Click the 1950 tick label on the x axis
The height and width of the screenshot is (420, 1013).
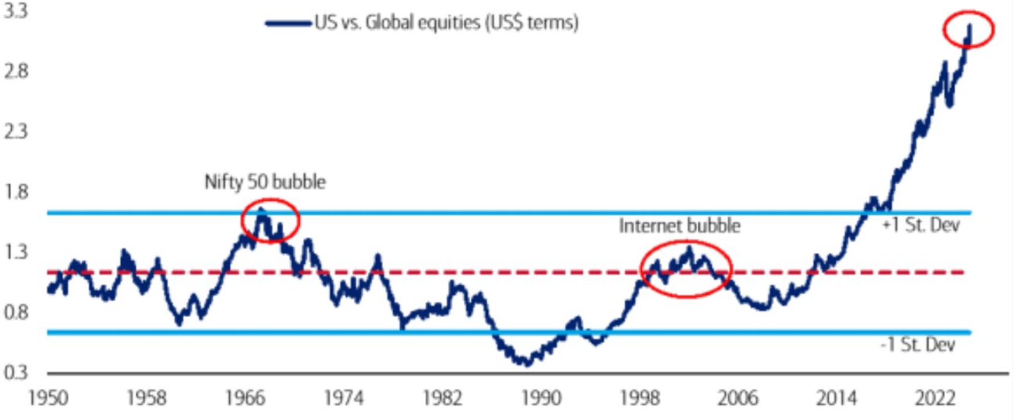(48, 399)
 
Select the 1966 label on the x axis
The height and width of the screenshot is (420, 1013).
(245, 399)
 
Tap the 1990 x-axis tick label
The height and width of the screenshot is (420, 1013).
(541, 399)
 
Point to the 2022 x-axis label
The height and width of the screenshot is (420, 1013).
(935, 399)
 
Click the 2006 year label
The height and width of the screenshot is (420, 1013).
(738, 399)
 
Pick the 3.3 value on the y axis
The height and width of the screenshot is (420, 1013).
(16, 12)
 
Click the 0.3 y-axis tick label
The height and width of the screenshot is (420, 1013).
(16, 372)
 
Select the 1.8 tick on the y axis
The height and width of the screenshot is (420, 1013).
(16, 192)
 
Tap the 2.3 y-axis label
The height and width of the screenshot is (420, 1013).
(16, 131)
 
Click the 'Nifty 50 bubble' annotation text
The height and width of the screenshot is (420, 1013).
(265, 182)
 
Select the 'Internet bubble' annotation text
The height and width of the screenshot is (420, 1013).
(680, 226)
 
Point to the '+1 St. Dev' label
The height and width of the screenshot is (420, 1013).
(921, 225)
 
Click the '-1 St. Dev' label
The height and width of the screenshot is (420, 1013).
(918, 345)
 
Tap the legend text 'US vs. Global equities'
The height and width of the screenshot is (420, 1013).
(446, 23)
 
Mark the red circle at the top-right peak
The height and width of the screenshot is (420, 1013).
(969, 29)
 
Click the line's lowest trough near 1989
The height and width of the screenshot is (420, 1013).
(527, 364)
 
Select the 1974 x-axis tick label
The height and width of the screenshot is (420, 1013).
(344, 399)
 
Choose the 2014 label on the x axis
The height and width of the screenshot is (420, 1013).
(836, 399)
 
